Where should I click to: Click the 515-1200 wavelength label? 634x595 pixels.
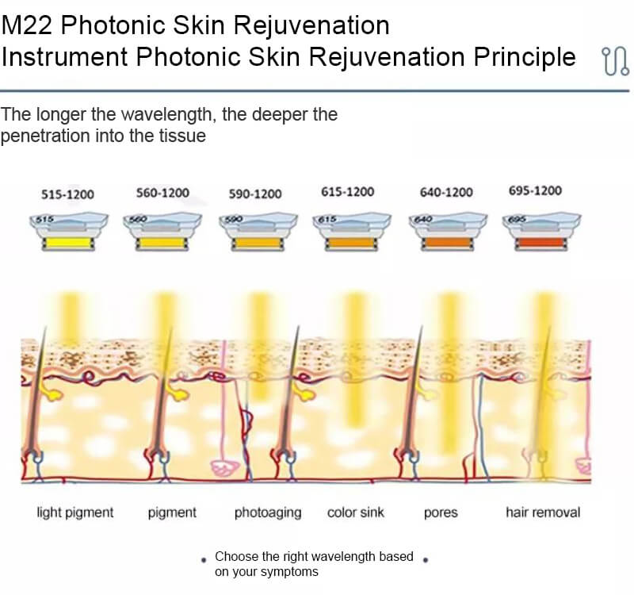[67, 194]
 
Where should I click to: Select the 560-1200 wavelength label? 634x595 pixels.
[162, 193]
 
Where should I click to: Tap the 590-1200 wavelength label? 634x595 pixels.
[255, 194]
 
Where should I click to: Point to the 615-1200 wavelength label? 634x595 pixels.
[348, 191]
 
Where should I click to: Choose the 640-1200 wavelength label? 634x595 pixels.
[446, 192]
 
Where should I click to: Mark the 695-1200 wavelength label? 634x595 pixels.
[536, 190]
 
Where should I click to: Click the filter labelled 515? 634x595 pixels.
[69, 232]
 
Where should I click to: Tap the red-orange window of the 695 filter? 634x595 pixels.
[541, 243]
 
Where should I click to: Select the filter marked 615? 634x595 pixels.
[352, 232]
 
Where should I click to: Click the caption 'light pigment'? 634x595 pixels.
[75, 512]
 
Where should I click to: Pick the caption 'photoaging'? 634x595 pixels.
[268, 512]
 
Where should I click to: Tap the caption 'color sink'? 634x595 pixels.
[355, 512]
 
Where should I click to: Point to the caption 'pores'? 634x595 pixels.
[441, 513]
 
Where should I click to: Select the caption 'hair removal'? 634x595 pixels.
[543, 512]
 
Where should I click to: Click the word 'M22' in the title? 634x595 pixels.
[27, 25]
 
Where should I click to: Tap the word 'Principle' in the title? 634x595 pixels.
[525, 56]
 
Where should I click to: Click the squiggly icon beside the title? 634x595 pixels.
[615, 61]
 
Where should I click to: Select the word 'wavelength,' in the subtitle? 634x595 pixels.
[166, 114]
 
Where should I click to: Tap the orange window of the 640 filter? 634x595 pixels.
[447, 243]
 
